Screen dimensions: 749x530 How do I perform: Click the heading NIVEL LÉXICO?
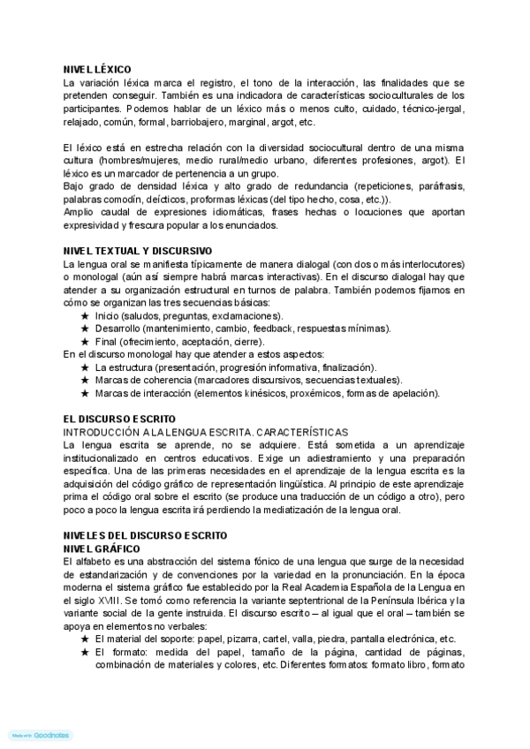click(x=96, y=69)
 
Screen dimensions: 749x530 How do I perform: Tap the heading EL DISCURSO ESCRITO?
click(x=119, y=418)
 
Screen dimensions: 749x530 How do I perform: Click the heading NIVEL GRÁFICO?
click(x=102, y=549)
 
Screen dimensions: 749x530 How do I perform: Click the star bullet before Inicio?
click(x=85, y=315)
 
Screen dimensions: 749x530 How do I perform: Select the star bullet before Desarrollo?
click(x=85, y=329)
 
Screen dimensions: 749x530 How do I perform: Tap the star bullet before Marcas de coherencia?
click(x=85, y=380)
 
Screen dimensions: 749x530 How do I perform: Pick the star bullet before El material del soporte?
click(x=85, y=639)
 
